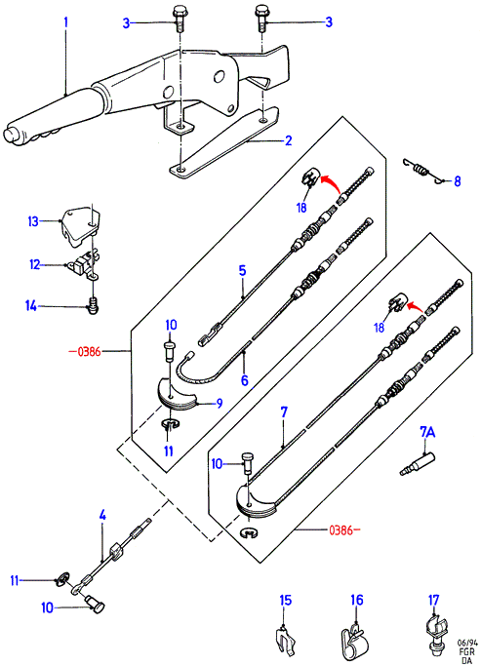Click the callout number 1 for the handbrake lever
[66, 22]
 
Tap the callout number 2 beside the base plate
[289, 140]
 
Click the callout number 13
[33, 221]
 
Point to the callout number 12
[35, 264]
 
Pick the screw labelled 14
[93, 306]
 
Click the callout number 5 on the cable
[242, 270]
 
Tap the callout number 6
[244, 379]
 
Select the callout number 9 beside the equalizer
[220, 403]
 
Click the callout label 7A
[427, 432]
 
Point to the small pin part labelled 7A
[418, 464]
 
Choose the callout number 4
[102, 516]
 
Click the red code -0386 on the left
[85, 351]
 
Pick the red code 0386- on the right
[344, 530]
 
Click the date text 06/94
[467, 643]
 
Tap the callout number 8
[458, 181]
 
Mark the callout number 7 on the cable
[284, 411]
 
